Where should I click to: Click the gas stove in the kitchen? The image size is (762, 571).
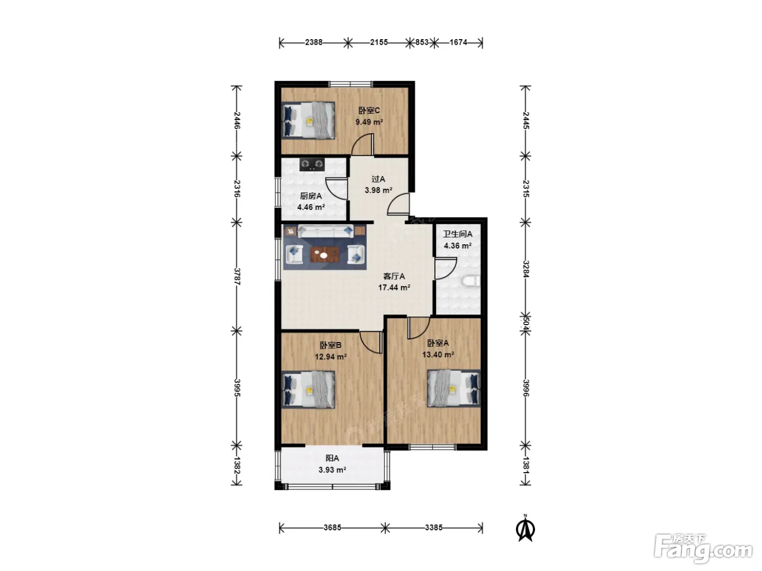[x=312, y=164]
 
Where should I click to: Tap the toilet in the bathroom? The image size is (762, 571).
[x=471, y=281]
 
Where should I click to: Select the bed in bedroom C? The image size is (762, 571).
[x=308, y=120]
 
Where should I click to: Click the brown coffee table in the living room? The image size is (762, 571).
[x=325, y=255]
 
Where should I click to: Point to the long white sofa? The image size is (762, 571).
[x=325, y=231]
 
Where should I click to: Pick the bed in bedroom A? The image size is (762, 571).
[x=454, y=388]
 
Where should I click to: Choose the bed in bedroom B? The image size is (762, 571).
[x=308, y=390]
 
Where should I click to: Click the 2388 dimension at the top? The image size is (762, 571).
[x=314, y=42]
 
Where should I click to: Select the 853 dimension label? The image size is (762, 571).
[x=422, y=42]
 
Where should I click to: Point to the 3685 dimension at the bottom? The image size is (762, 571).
[x=332, y=527]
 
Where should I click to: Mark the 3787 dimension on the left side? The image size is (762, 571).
[x=237, y=276]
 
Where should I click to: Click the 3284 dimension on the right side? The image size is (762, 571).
[x=526, y=269]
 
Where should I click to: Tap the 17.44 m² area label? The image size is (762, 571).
[x=394, y=288]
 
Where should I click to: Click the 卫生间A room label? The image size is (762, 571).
[x=458, y=234]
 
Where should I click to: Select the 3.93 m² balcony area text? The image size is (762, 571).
[x=332, y=470]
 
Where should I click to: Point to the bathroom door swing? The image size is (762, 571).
[x=445, y=268]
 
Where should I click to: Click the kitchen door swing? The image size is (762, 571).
[x=336, y=189]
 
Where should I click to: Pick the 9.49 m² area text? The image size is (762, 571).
[x=369, y=122]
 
